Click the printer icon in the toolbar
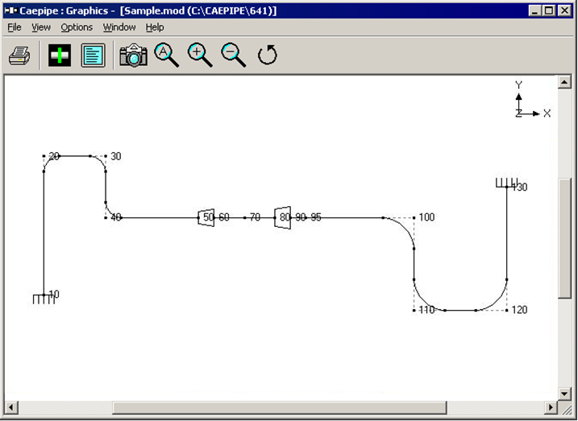[x=19, y=56]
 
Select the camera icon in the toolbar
[x=134, y=56]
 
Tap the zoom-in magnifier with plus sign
[x=200, y=56]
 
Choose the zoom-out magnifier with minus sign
[x=233, y=56]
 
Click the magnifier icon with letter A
[x=167, y=56]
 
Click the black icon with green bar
[x=60, y=56]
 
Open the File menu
[x=15, y=27]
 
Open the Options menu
[x=77, y=27]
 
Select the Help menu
[x=155, y=27]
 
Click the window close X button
[x=564, y=10]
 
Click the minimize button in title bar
[x=534, y=10]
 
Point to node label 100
[x=426, y=217]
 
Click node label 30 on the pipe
[x=116, y=156]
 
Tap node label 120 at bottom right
[x=519, y=310]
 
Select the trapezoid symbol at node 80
[x=283, y=217]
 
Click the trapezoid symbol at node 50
[x=206, y=217]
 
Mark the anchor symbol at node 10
[x=44, y=299]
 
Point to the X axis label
[x=547, y=114]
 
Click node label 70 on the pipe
[x=255, y=217]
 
